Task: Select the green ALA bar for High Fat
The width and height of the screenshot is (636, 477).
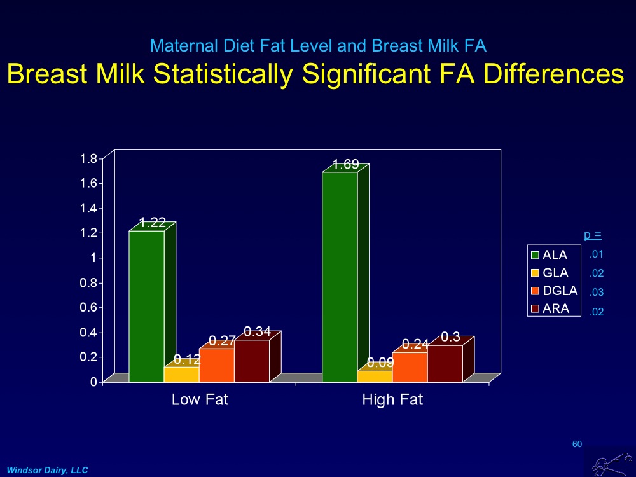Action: coord(340,277)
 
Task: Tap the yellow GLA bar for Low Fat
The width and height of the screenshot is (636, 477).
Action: coord(181,375)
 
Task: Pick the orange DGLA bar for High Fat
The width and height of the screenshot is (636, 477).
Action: coord(410,368)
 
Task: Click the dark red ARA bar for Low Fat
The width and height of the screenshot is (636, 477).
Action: coord(251,361)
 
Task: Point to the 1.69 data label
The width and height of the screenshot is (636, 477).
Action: coord(346,165)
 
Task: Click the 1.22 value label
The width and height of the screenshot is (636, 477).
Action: coord(153,223)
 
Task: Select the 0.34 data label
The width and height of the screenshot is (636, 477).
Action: coord(258,331)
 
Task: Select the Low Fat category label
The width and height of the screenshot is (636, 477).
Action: coord(200,401)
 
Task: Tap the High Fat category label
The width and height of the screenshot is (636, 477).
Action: coord(392,401)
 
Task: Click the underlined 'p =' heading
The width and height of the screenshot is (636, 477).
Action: coord(593,235)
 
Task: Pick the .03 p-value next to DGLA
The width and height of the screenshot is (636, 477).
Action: coord(596,293)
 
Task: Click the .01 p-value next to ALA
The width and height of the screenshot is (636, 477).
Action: coord(596,255)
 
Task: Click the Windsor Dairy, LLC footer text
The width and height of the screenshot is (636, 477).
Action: coord(47,469)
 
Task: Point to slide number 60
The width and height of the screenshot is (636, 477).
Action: coord(577,444)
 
